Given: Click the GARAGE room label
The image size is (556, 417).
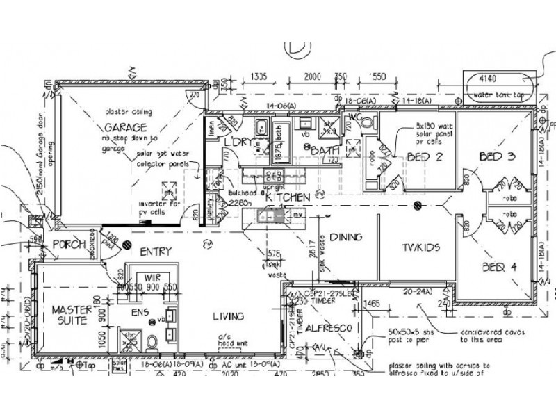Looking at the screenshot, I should pos(126,127).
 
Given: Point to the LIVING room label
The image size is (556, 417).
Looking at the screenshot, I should pos(228,317).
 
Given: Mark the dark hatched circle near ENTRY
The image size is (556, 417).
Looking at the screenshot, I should pos(127,245).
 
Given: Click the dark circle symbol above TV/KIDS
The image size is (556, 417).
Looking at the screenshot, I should pos(417,205).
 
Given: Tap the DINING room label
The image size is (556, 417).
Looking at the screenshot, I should pos(345,237).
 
